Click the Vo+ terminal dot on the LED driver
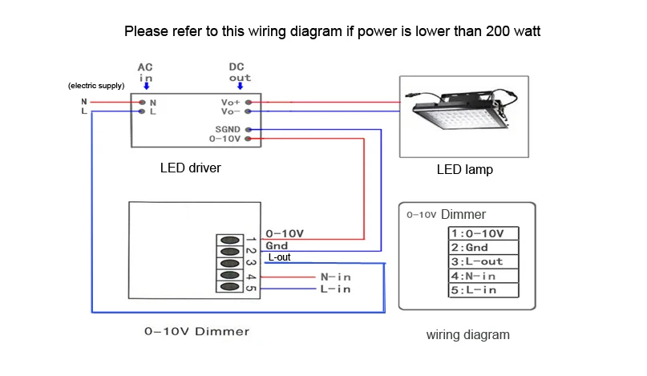click(x=249, y=103)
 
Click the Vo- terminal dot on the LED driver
click(x=249, y=112)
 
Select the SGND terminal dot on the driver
click(x=249, y=129)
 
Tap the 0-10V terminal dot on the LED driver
click(x=249, y=139)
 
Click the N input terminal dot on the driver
click(x=142, y=103)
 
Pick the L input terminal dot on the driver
click(x=142, y=112)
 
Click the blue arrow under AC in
click(x=146, y=87)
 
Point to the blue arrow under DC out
click(x=240, y=87)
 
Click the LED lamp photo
click(x=464, y=115)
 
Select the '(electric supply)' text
click(x=96, y=86)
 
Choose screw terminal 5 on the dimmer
click(x=230, y=287)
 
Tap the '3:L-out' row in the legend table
click(x=483, y=262)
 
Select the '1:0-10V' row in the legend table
click(x=483, y=233)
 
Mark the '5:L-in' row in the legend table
click(x=483, y=290)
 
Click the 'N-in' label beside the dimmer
click(x=335, y=277)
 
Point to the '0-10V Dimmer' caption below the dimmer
click(x=196, y=331)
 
